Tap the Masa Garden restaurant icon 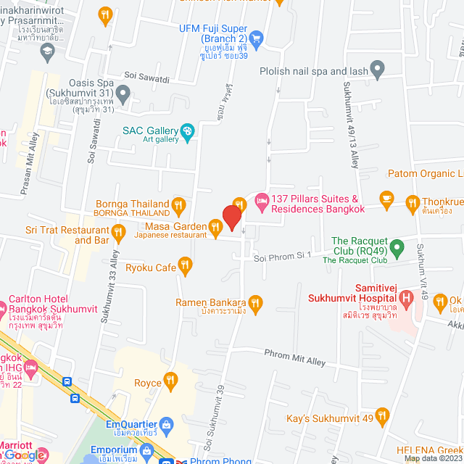coord(215,229)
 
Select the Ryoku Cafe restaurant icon coord(185,268)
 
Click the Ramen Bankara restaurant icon coord(254,302)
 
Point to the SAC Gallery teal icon coord(187,130)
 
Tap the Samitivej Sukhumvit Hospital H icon coord(407,297)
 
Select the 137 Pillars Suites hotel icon coord(261,199)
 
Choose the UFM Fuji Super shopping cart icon coord(255,38)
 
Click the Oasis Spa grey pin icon coord(123,92)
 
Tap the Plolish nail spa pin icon coord(376,70)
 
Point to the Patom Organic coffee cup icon coord(386,198)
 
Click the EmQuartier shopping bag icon coord(166,423)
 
